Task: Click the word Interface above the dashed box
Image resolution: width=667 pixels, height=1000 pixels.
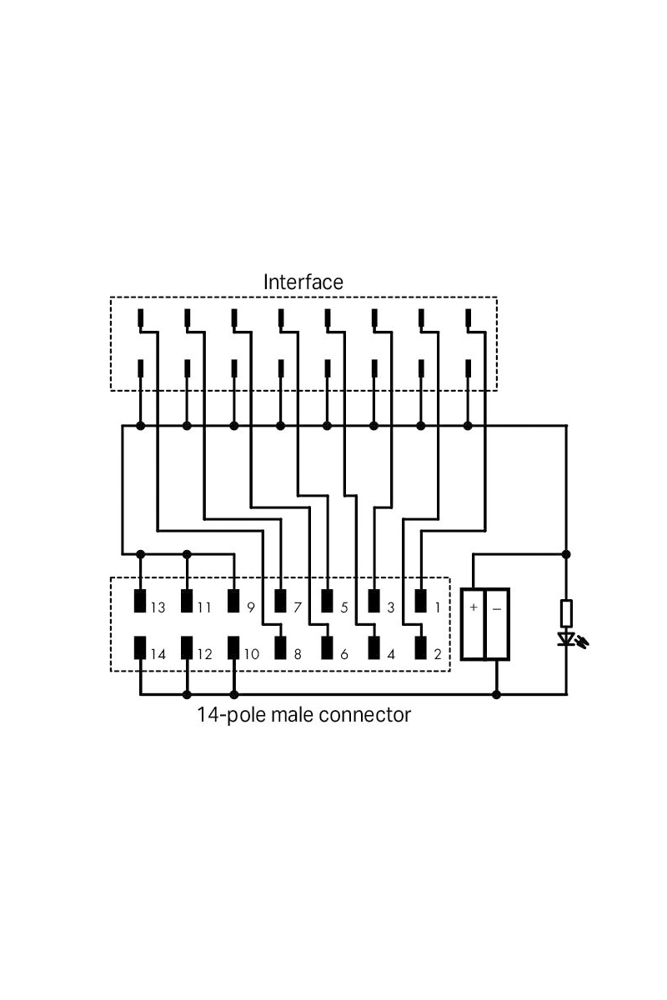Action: point(303,282)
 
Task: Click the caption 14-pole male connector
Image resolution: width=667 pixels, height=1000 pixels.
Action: point(303,714)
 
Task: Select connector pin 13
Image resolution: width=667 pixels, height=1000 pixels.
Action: point(140,602)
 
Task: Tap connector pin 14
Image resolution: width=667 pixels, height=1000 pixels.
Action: point(140,647)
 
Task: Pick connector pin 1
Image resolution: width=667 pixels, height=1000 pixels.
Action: point(420,602)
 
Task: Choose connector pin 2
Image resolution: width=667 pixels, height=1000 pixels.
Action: point(420,647)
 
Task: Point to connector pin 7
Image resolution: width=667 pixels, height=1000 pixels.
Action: point(280,602)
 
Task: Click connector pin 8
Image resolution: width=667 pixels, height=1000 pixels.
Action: point(280,647)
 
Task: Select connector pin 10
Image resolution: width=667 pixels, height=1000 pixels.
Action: point(233,647)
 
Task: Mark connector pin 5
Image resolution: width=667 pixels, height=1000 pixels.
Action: point(327,602)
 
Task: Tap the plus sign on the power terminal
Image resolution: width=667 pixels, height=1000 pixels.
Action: point(474,607)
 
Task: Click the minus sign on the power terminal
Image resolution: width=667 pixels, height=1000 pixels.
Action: point(497,607)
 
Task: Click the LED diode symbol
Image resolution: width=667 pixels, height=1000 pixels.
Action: point(568,639)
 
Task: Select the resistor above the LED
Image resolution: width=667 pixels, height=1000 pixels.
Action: point(567,612)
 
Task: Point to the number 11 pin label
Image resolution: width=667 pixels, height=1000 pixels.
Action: point(204,608)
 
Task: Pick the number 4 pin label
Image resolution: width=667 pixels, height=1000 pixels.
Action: point(391,654)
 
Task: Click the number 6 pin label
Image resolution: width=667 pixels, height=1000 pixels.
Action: point(344,654)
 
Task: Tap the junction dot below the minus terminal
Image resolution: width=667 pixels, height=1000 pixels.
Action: point(497,693)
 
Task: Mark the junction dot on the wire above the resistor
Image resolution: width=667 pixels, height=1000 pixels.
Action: point(567,553)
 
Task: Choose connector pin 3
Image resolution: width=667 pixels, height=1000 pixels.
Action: point(374,602)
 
